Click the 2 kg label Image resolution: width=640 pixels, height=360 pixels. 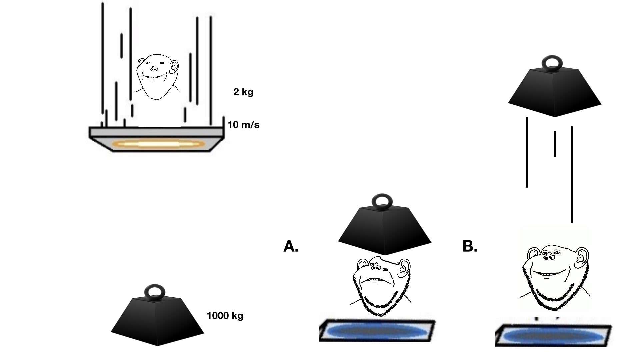(x=243, y=92)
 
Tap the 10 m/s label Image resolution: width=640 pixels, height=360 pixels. (x=243, y=125)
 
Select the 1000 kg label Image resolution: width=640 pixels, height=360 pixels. (x=225, y=316)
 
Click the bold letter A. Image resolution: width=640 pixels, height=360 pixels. (x=291, y=246)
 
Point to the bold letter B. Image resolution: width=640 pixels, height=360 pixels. (x=470, y=246)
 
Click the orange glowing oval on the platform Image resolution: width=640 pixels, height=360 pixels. (x=158, y=144)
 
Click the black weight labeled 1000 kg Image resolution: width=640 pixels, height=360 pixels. (x=157, y=322)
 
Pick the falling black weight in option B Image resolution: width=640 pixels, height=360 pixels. (x=554, y=92)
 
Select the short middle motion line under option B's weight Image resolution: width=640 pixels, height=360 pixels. (x=555, y=144)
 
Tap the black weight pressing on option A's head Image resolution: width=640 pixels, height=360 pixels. (x=384, y=232)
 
